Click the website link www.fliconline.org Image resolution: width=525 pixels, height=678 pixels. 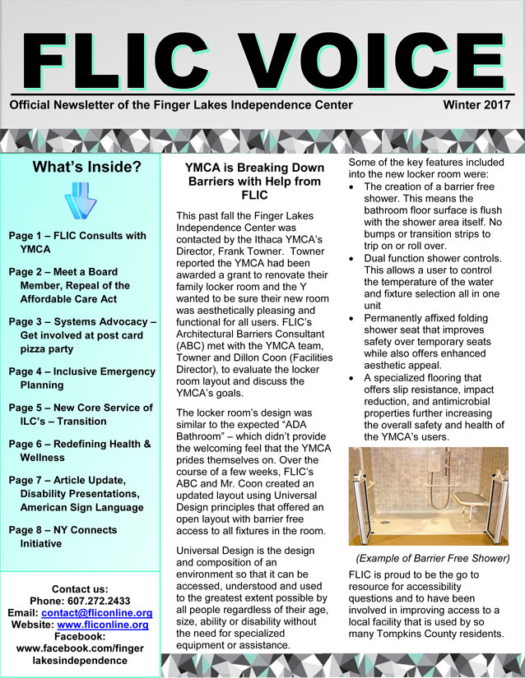pyautogui.click(x=107, y=625)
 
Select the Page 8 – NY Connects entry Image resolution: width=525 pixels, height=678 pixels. pyautogui.click(x=63, y=537)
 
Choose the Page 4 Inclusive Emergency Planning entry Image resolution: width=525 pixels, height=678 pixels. pyautogui.click(x=80, y=377)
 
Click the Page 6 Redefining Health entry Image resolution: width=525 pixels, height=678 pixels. pyautogui.click(x=80, y=450)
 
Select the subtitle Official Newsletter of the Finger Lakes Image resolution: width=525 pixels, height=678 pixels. pyautogui.click(x=181, y=106)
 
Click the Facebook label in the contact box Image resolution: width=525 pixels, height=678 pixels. pyautogui.click(x=79, y=637)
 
